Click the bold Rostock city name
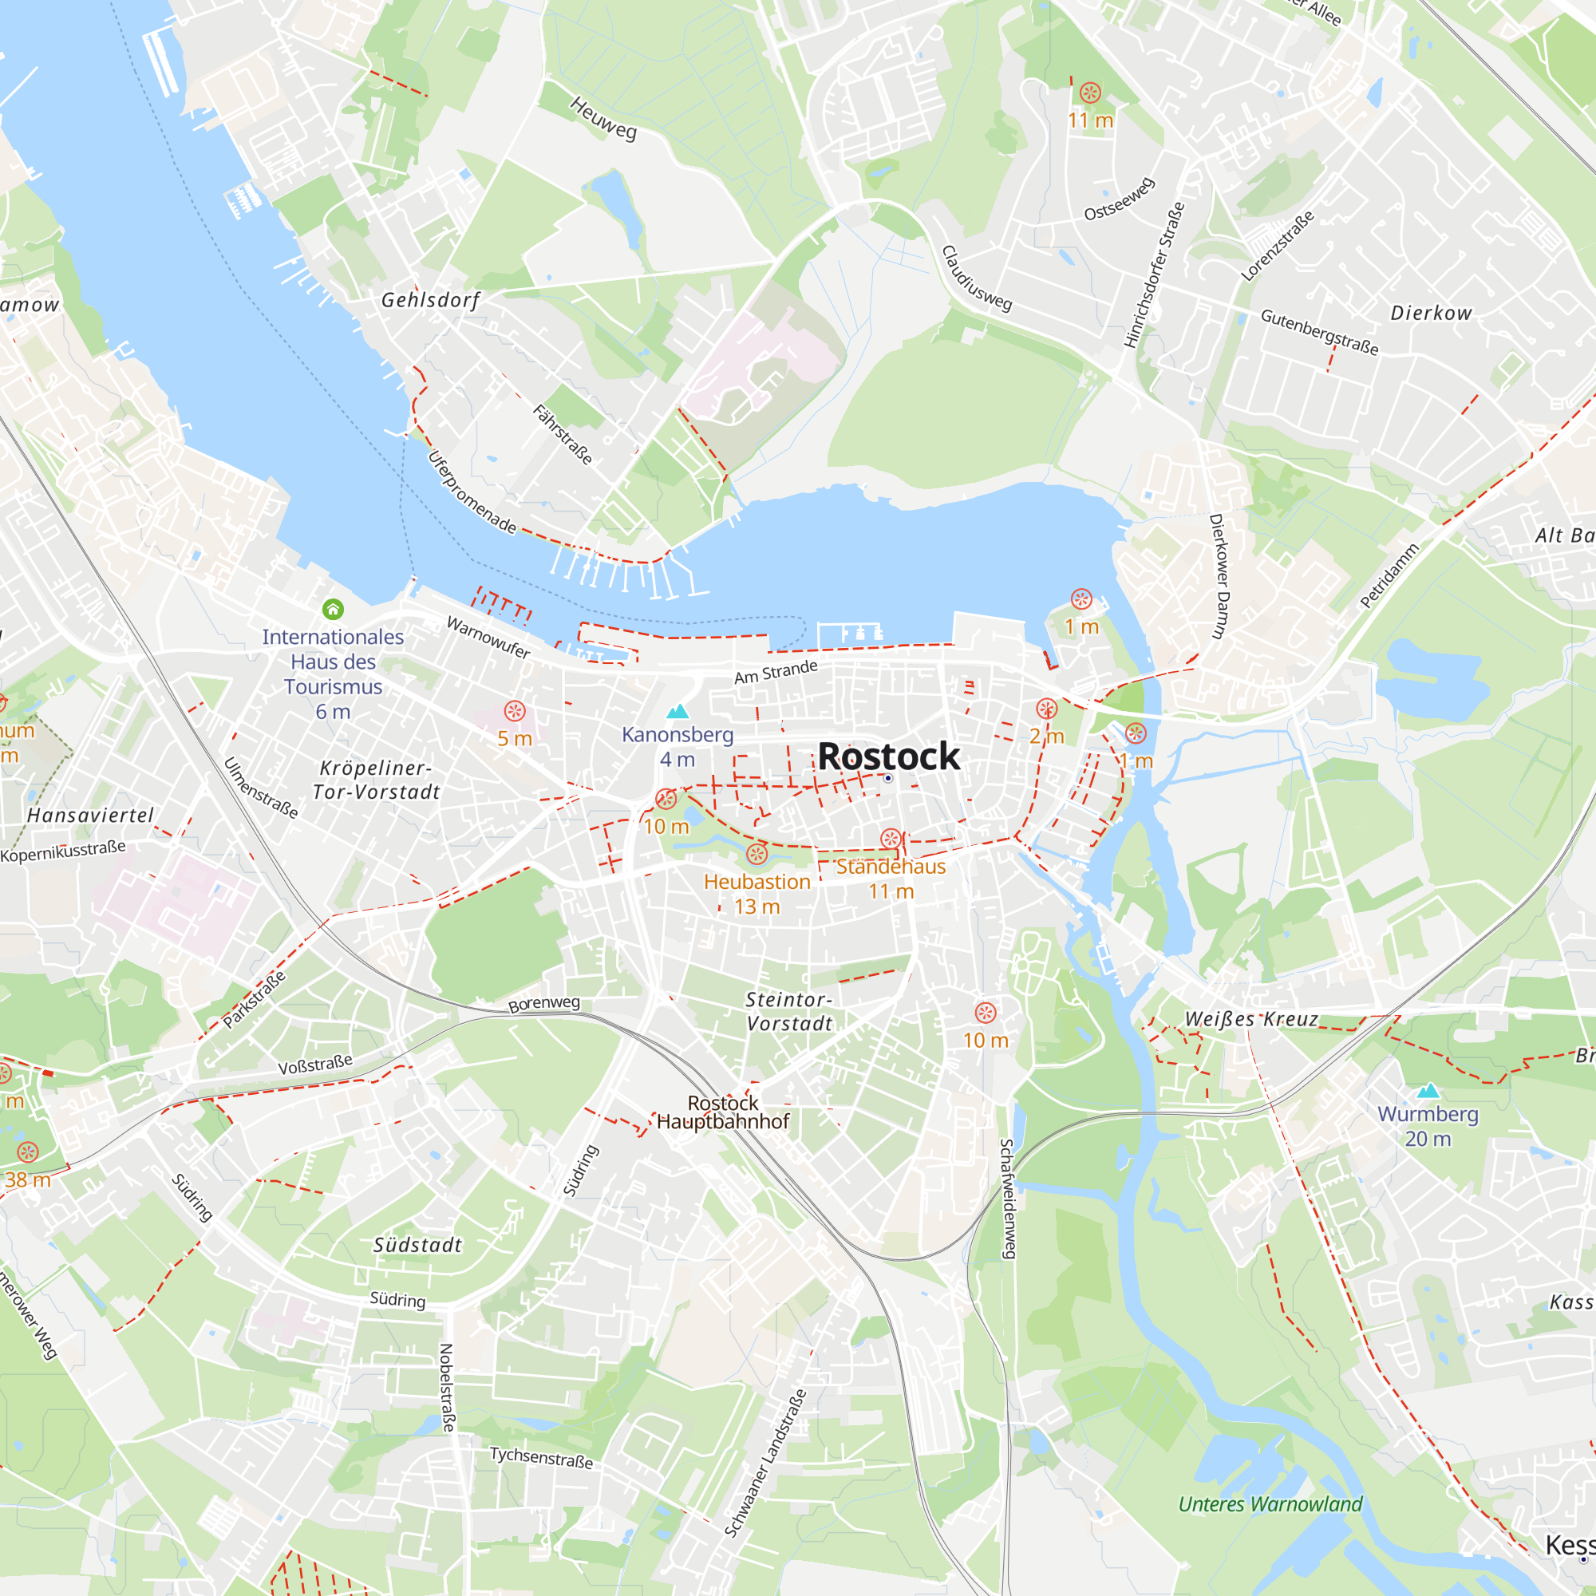[x=888, y=756]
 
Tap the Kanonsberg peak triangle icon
[x=678, y=711]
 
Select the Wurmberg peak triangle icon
[x=1428, y=1090]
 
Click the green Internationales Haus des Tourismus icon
[x=333, y=610]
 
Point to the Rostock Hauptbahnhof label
[x=723, y=1112]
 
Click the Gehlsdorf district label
[x=429, y=300]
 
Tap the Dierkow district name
[x=1431, y=313]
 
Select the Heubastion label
[x=757, y=882]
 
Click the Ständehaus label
[x=891, y=867]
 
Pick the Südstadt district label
[x=417, y=1245]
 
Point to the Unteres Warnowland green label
[x=1270, y=1504]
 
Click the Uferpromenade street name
[x=472, y=492]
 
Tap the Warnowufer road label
[x=488, y=637]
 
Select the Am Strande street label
[x=776, y=672]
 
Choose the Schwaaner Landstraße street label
[x=765, y=1463]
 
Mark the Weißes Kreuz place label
[x=1250, y=1018]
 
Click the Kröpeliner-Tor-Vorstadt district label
[x=376, y=780]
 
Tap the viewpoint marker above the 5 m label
[x=515, y=711]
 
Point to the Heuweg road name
[x=603, y=118]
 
